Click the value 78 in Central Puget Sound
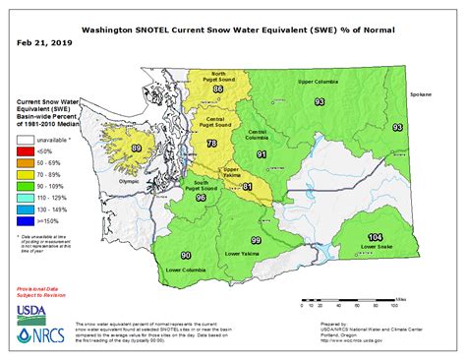click(x=211, y=145)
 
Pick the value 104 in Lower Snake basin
click(x=375, y=238)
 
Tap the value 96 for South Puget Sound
click(x=201, y=198)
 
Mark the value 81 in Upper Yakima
click(x=247, y=186)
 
